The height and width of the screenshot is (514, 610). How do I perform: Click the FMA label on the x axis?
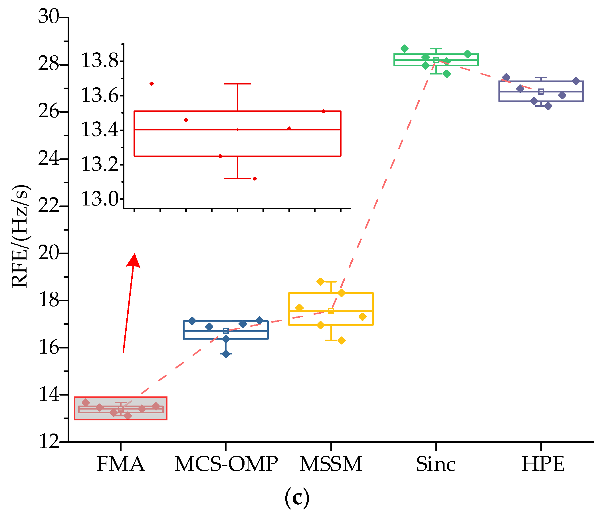click(x=121, y=464)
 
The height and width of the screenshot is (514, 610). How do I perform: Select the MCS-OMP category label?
click(x=226, y=464)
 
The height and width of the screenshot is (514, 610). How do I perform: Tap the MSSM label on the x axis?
click(x=331, y=464)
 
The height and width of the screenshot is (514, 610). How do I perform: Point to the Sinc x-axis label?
click(x=436, y=464)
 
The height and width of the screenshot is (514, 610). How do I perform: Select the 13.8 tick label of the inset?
click(x=100, y=61)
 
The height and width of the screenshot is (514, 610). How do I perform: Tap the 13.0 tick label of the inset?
click(x=100, y=199)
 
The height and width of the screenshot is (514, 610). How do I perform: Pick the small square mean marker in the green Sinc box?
click(x=436, y=60)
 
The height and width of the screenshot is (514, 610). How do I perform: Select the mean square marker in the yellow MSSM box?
click(x=331, y=311)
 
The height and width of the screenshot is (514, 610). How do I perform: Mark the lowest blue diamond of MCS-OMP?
click(x=226, y=354)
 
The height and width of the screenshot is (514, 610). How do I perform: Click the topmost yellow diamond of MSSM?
click(x=320, y=281)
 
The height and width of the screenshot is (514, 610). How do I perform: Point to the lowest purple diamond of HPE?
click(x=548, y=106)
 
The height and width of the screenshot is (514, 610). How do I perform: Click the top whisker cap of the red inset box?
click(x=237, y=84)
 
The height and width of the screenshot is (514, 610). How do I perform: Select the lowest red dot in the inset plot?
click(x=254, y=178)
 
